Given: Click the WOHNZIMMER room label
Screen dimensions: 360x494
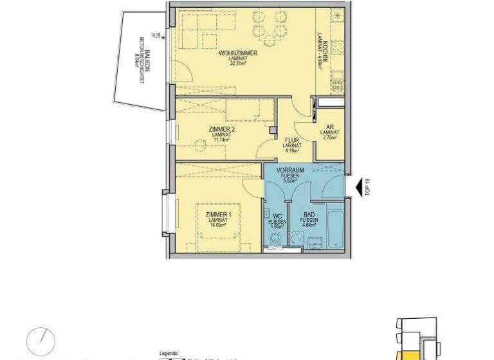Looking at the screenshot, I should coord(238,53).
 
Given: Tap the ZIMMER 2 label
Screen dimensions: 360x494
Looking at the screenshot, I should coord(222,129).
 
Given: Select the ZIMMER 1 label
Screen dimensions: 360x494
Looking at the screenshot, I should coord(218,214).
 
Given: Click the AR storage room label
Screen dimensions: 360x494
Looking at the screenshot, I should coord(329,127).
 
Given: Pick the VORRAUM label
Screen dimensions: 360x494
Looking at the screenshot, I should coord(289,170).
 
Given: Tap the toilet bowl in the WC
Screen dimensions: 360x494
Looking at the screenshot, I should coord(276,239).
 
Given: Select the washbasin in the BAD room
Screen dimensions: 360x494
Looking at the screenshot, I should coord(315,242).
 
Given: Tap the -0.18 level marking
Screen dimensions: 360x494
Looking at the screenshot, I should coord(155,35).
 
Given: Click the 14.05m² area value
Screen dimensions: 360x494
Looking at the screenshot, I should coord(218,226).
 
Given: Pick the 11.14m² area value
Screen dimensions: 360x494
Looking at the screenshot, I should coord(222,139).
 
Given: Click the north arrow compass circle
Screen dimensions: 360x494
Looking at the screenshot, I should coord(41,340).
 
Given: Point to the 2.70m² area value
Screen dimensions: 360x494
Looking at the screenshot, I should coord(329,138).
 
